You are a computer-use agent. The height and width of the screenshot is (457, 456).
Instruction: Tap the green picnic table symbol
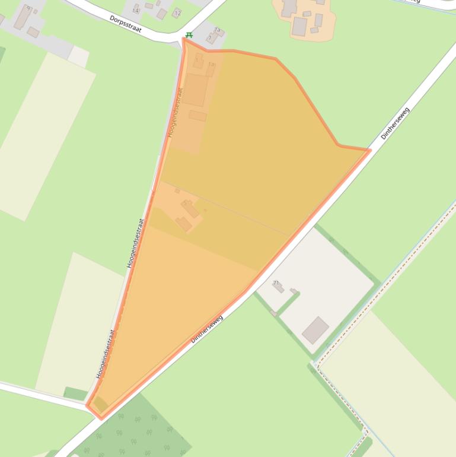pos(189,36)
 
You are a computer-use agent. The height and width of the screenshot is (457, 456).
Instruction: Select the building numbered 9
pos(23,17)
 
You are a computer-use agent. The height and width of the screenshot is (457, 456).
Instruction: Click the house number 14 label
pos(136,11)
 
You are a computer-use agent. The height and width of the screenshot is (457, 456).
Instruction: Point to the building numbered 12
pos(177,12)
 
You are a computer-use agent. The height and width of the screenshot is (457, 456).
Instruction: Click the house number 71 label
pos(276,283)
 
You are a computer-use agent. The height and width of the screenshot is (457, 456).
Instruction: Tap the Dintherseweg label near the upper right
pos(395,123)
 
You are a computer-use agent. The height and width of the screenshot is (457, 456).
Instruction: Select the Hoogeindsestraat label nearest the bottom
pos(105,354)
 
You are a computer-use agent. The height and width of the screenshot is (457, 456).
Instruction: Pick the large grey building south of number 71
pos(315,330)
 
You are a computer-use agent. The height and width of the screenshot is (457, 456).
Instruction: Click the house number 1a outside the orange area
pos(217,30)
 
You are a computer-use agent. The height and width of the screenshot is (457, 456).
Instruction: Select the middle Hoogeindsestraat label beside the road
pos(136,242)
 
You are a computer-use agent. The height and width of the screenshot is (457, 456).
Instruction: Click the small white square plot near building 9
pos(78,56)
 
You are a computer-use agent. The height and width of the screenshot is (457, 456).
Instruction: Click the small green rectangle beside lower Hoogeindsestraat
pos(75,393)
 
